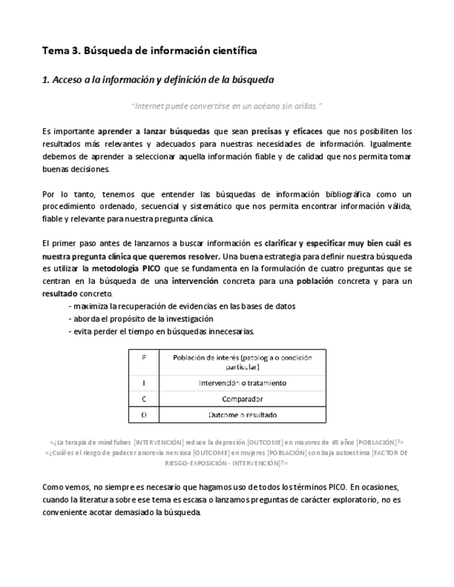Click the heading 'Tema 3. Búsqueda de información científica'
(150, 51)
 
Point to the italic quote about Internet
(227, 106)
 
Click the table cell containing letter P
(143, 362)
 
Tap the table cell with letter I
(143, 383)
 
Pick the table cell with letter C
(143, 399)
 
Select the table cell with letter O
(143, 415)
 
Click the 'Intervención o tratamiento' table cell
(242, 383)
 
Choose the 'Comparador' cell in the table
(242, 399)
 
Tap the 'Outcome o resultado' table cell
(242, 415)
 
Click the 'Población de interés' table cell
(242, 362)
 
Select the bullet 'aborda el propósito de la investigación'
(141, 318)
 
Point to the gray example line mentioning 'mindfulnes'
(227, 442)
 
